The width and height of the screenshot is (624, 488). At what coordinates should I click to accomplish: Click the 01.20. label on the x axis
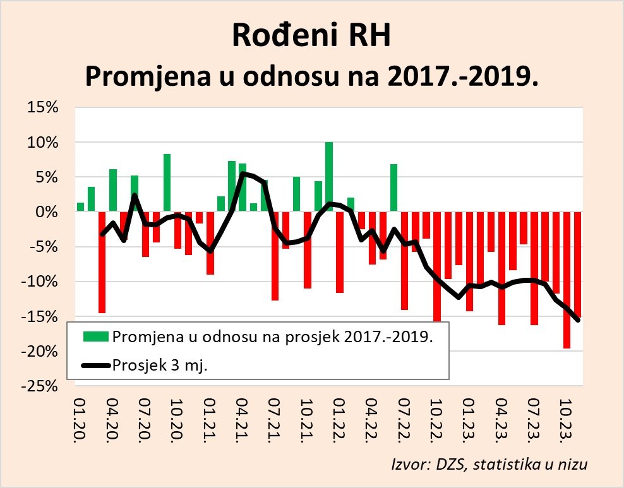tap(80, 420)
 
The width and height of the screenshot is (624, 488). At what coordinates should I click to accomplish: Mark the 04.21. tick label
tap(243, 420)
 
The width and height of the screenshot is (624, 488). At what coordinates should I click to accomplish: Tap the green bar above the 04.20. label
tap(113, 191)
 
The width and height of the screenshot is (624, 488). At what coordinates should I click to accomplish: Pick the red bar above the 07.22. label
tap(405, 261)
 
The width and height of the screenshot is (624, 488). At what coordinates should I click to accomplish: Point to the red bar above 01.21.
tap(210, 243)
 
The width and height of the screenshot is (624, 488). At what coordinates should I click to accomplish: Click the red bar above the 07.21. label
tap(275, 256)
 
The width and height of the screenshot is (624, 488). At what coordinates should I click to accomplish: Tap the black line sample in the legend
tap(95, 364)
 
